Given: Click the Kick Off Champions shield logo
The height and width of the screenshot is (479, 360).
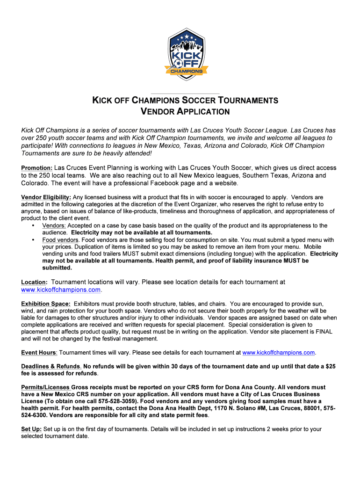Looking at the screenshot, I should (x=186, y=52).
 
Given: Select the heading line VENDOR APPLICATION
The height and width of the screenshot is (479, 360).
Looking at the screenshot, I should (x=186, y=112).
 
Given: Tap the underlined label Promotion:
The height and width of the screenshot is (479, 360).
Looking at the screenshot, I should (x=37, y=168).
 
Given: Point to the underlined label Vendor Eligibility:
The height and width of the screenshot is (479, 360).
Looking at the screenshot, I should (x=46, y=197).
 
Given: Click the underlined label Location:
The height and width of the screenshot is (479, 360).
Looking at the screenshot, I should (x=34, y=283).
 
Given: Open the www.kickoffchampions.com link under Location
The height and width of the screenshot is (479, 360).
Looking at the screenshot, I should (x=61, y=290).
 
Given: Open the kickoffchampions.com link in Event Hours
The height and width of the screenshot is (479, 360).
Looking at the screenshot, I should (x=279, y=352).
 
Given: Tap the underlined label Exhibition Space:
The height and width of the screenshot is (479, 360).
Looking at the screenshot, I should (x=46, y=304).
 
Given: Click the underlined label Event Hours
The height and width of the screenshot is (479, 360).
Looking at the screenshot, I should (x=39, y=352).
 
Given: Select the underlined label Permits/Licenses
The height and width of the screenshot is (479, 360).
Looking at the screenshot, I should (x=46, y=387).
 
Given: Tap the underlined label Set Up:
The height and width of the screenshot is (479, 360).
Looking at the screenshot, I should (x=31, y=429).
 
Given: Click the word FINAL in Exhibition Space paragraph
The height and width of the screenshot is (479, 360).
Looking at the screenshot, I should (x=324, y=332).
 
